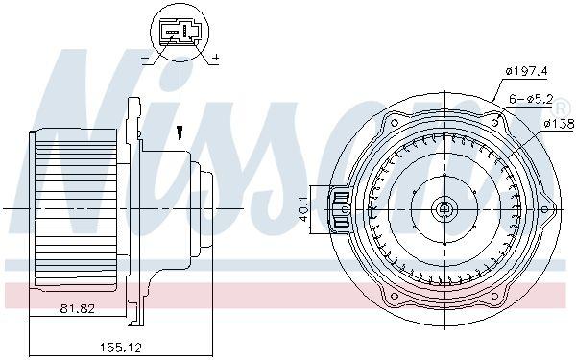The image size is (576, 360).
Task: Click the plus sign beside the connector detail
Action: pos(215,60)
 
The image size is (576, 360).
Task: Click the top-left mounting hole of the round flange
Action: pos(392,123)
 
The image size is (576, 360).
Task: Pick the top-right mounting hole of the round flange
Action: pos(497,122)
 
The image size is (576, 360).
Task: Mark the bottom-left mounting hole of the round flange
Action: pos(392,295)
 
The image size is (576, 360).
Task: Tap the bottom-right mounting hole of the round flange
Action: pos(498,295)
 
